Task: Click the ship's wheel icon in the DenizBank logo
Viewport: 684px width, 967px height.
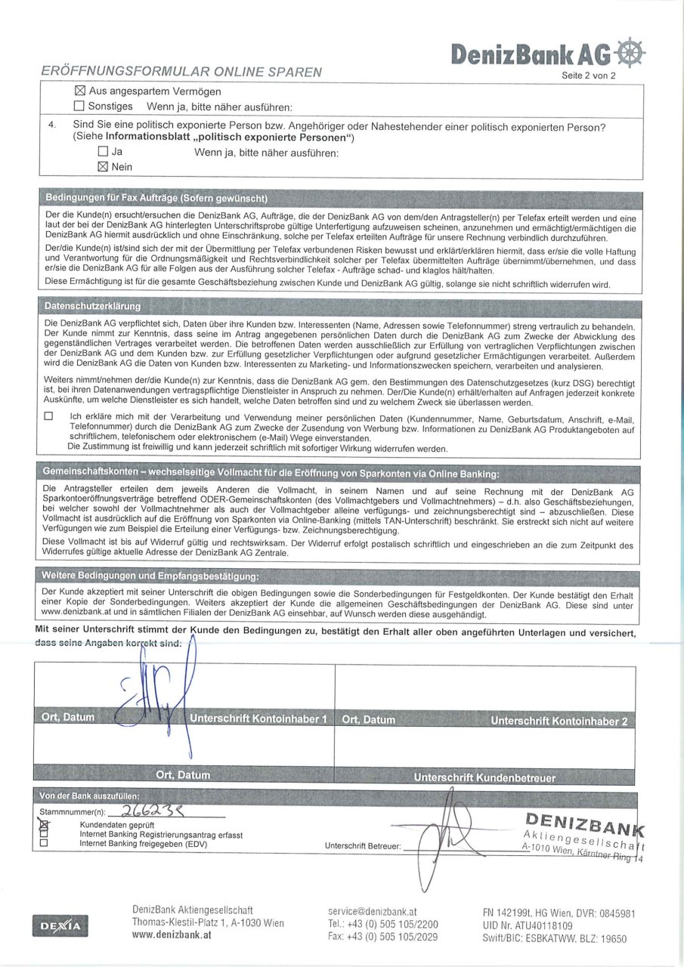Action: click(x=631, y=52)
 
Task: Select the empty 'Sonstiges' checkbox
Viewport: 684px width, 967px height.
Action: click(x=79, y=107)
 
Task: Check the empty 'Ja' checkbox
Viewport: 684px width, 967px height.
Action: click(x=104, y=152)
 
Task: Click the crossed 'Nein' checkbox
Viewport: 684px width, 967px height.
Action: click(x=104, y=167)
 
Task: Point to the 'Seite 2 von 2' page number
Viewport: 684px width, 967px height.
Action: click(x=589, y=76)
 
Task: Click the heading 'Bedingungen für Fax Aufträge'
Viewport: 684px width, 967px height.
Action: click(x=156, y=199)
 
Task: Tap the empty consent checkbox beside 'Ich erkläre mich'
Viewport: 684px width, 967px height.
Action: click(x=49, y=416)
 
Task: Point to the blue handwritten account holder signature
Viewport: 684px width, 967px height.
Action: click(x=162, y=691)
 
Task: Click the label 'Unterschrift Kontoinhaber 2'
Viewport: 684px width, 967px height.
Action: click(x=559, y=721)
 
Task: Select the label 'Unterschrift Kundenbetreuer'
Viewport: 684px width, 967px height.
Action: click(x=484, y=777)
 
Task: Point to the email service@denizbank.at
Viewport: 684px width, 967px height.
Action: click(x=373, y=911)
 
